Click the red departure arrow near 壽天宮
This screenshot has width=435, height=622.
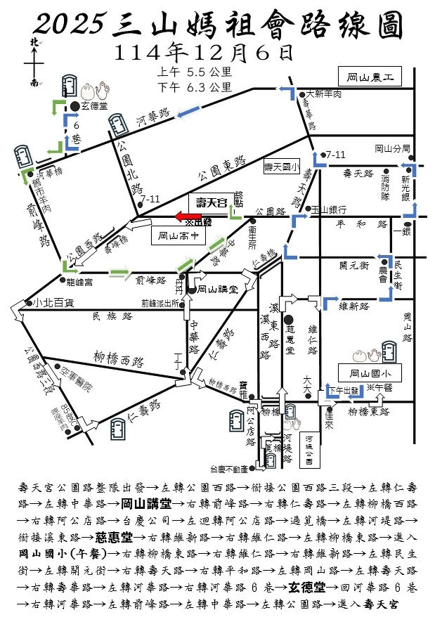pyautogui.click(x=188, y=216)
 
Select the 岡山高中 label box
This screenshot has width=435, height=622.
pyautogui.click(x=178, y=237)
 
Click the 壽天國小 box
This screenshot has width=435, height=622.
pyautogui.click(x=281, y=167)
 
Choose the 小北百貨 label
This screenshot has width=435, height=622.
pyautogui.click(x=53, y=304)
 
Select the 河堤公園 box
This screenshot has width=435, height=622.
pyautogui.click(x=310, y=448)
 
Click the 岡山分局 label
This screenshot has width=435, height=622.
pyautogui.click(x=391, y=148)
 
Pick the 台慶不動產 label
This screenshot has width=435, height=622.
pyautogui.click(x=229, y=469)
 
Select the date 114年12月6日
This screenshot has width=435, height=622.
pyautogui.click(x=203, y=51)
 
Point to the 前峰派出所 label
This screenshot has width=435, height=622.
pyautogui.click(x=161, y=303)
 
